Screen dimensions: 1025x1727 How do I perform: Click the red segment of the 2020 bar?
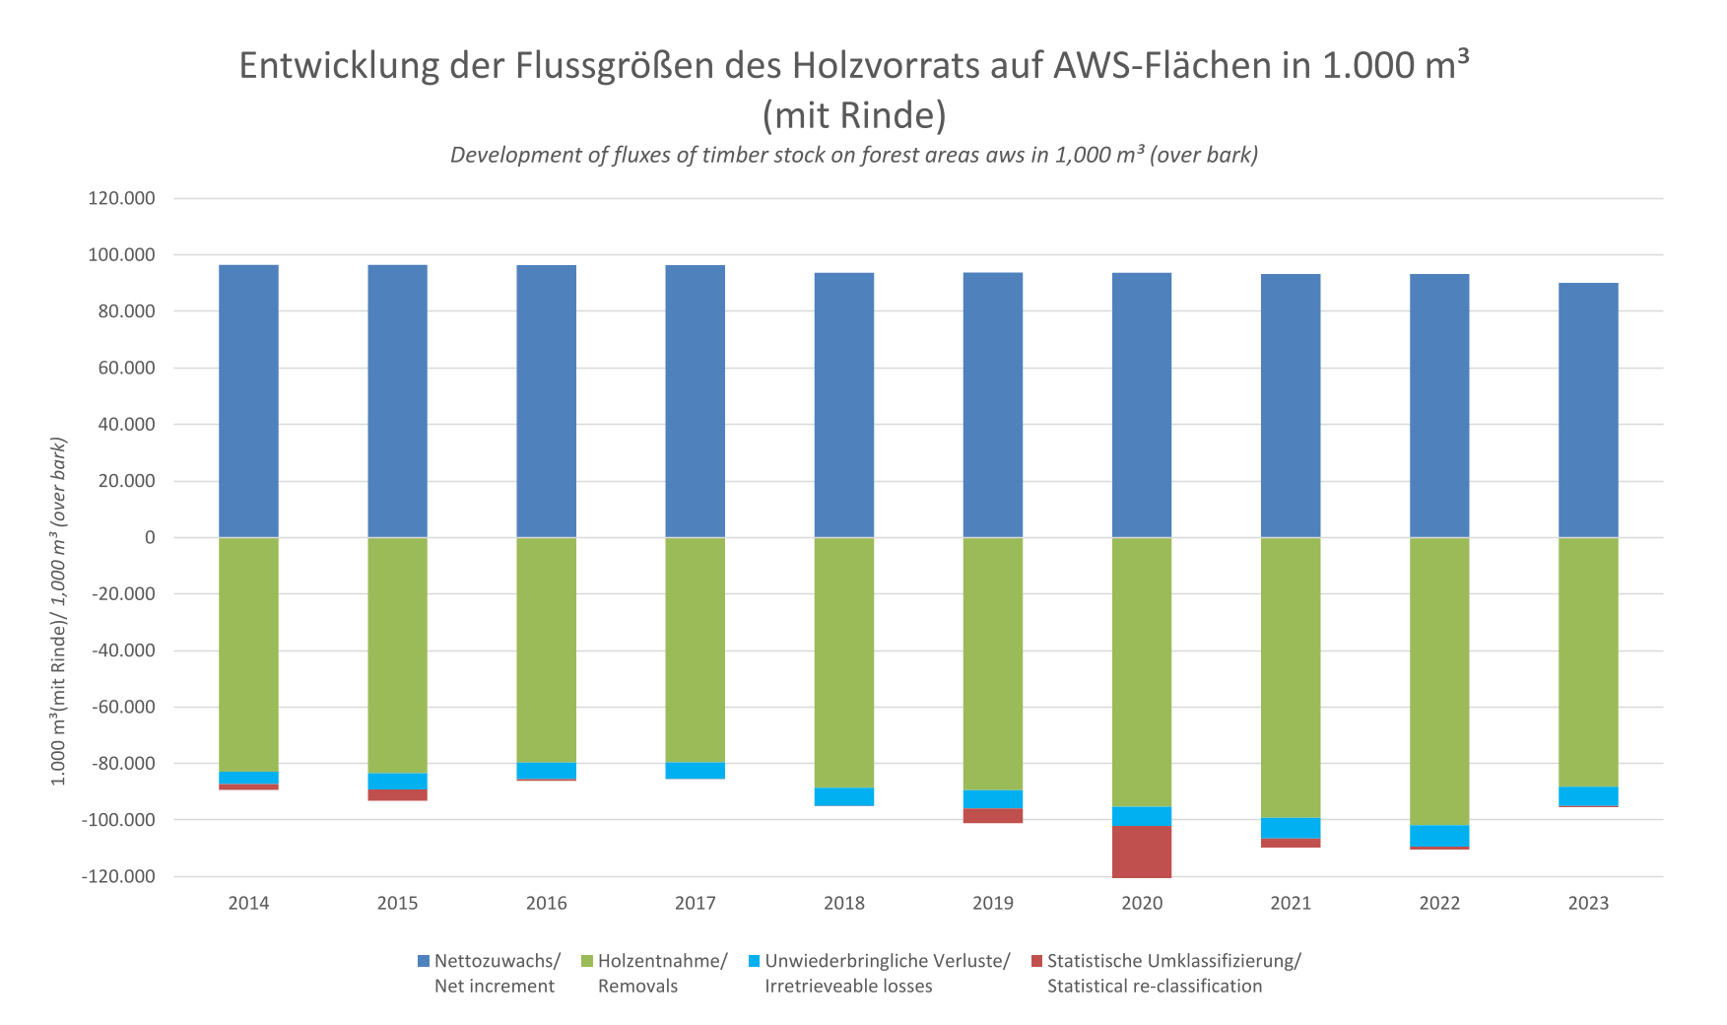(1142, 852)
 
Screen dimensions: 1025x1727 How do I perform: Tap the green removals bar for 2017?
(696, 650)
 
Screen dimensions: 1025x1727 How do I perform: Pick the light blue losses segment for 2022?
(1439, 836)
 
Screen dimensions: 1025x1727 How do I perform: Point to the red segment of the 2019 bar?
(993, 815)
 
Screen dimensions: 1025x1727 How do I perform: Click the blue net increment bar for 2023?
(1588, 410)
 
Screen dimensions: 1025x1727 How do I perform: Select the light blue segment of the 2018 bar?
(844, 797)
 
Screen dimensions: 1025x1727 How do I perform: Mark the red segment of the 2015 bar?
(397, 795)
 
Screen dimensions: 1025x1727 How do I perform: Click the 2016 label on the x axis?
(546, 903)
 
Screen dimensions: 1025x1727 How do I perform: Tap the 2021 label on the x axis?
(1291, 903)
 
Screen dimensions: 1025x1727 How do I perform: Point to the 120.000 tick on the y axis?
(122, 198)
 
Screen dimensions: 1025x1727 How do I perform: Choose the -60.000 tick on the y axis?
(124, 707)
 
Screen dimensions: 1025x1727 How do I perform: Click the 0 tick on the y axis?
(150, 537)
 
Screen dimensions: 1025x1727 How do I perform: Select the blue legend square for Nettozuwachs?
(424, 961)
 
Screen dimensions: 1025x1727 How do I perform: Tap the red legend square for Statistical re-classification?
(1035, 961)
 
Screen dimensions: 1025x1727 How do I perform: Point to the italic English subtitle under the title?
(853, 155)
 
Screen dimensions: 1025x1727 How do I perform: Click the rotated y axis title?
(59, 611)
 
